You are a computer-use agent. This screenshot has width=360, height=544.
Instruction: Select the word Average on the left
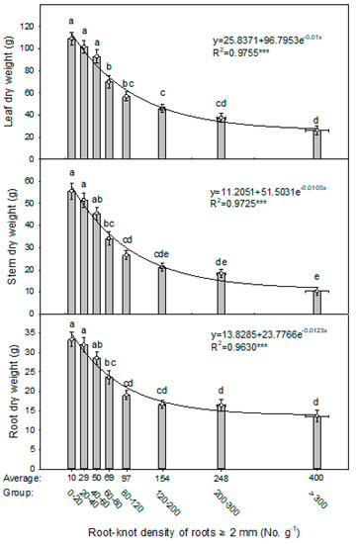[x=22, y=478]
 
